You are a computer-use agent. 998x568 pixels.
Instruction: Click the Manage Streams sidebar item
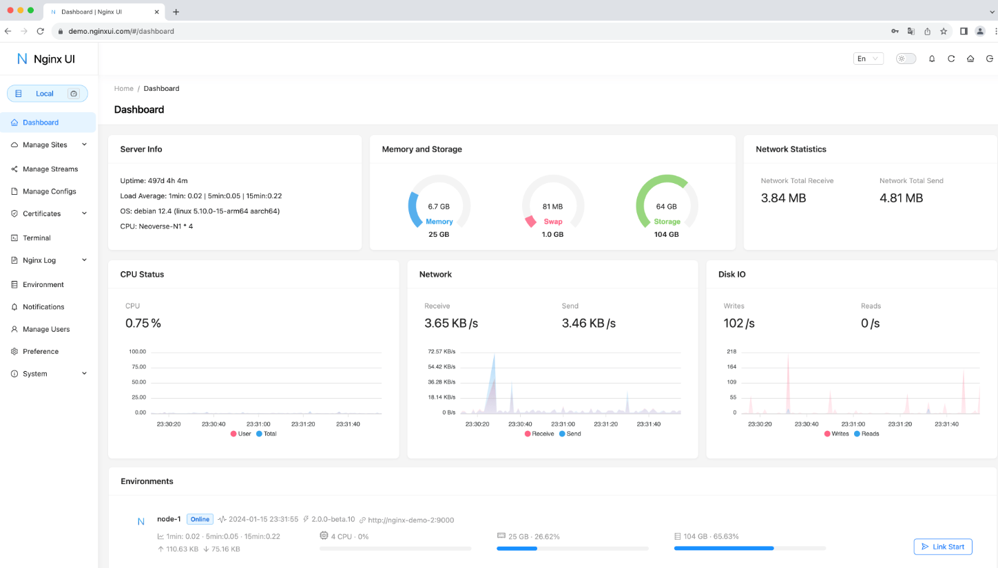(x=50, y=169)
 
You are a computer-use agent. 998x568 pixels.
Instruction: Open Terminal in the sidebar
(x=37, y=238)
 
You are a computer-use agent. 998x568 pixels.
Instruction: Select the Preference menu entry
(x=40, y=351)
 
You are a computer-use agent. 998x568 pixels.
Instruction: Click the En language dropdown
(x=868, y=59)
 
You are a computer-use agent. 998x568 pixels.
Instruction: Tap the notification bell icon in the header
(x=932, y=59)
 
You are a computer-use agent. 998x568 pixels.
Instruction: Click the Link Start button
(x=942, y=547)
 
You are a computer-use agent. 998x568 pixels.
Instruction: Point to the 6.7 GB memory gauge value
(x=439, y=207)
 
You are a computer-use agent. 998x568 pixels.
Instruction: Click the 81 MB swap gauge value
(x=552, y=207)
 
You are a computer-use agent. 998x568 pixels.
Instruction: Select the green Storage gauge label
(x=667, y=222)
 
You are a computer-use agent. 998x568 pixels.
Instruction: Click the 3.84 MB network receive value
(x=783, y=198)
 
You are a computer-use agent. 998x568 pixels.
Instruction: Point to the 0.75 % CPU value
(x=143, y=324)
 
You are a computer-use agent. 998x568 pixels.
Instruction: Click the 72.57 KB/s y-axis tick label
(x=441, y=352)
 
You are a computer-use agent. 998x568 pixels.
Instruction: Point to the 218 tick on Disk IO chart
(x=731, y=352)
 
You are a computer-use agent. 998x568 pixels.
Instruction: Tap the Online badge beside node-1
(x=200, y=520)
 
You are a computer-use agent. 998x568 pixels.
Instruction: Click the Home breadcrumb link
(x=124, y=88)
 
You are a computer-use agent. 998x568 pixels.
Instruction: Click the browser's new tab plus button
(x=176, y=12)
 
